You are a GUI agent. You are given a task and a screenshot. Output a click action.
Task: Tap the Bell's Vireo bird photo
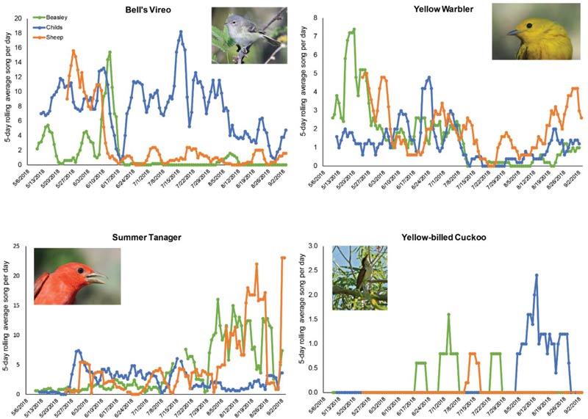pos(247,35)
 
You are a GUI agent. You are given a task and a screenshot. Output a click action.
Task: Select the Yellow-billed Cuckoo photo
pos(359,277)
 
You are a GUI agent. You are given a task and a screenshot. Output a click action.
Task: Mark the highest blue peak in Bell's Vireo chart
pos(180,32)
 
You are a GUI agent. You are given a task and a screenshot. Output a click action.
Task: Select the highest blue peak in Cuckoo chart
pos(537,275)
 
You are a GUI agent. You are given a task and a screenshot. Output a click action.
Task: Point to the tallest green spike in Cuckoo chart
pos(448,314)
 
